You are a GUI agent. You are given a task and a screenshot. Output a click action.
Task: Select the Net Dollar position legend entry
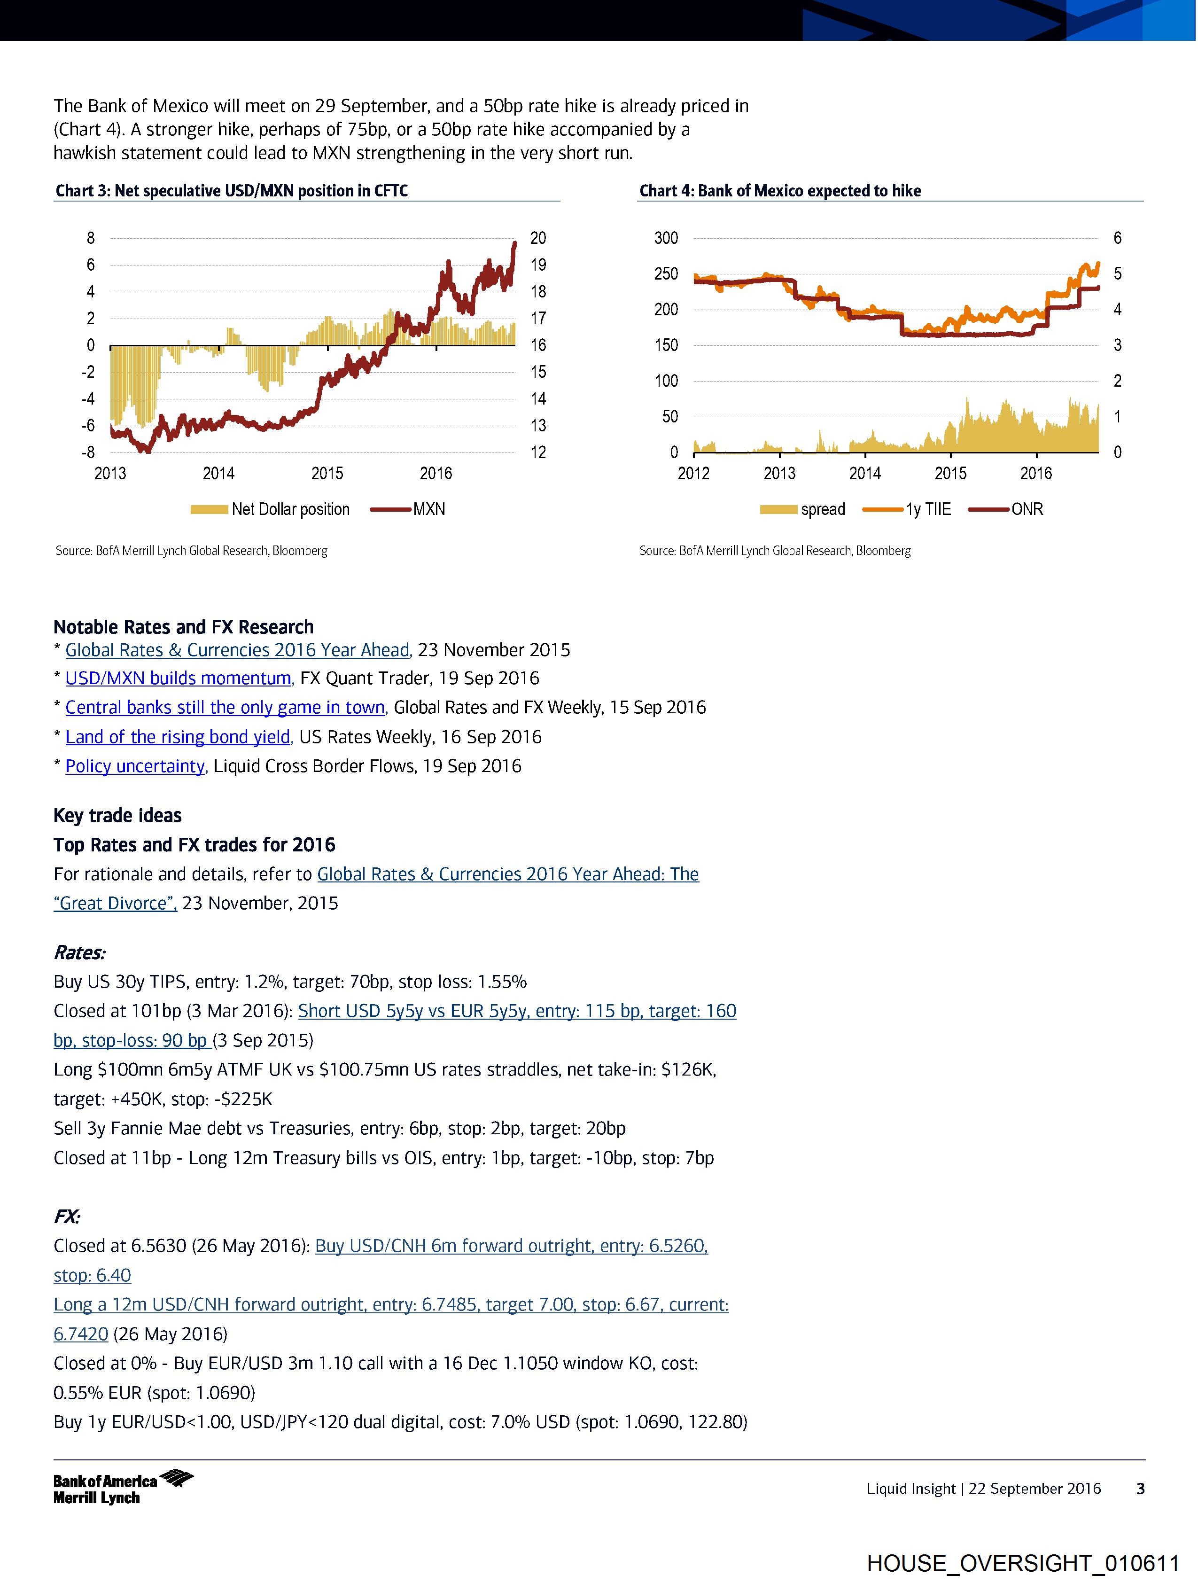click(x=271, y=509)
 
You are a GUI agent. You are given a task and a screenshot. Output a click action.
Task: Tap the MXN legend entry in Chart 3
click(x=409, y=509)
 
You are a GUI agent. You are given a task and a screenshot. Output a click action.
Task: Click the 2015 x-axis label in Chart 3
click(x=327, y=473)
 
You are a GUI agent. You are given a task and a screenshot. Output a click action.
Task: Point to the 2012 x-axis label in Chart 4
click(x=693, y=473)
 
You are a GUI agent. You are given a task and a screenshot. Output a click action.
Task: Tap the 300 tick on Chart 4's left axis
click(x=666, y=238)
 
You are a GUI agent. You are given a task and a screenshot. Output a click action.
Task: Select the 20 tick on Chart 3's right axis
click(x=538, y=238)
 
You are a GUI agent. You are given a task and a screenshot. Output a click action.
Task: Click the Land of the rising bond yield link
click(x=179, y=737)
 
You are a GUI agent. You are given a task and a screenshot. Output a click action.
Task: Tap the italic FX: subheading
click(x=67, y=1216)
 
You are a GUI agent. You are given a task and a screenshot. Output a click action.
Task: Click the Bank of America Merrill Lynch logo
click(x=123, y=1488)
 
